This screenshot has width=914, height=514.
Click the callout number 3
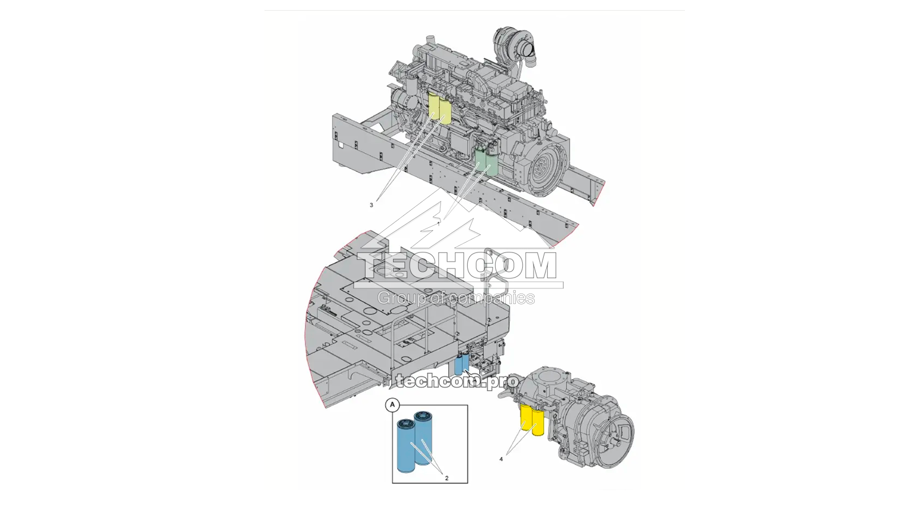[x=371, y=205]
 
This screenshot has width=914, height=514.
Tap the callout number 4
[x=501, y=459]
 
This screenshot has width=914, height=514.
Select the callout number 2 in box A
[x=447, y=478]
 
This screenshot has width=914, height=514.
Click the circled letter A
[x=392, y=405]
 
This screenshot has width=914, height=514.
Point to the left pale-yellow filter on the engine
[x=434, y=106]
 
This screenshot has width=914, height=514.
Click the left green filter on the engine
[x=481, y=160]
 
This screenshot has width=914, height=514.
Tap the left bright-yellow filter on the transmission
[x=526, y=417]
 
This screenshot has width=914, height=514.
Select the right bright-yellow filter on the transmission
[x=538, y=422]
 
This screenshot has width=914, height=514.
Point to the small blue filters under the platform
[x=462, y=363]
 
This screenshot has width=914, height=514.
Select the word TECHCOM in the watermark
[x=457, y=266]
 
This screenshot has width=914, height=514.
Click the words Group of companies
[x=456, y=298]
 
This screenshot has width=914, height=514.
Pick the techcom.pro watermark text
[x=457, y=381]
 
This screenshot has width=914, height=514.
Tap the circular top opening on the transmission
[x=548, y=377]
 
